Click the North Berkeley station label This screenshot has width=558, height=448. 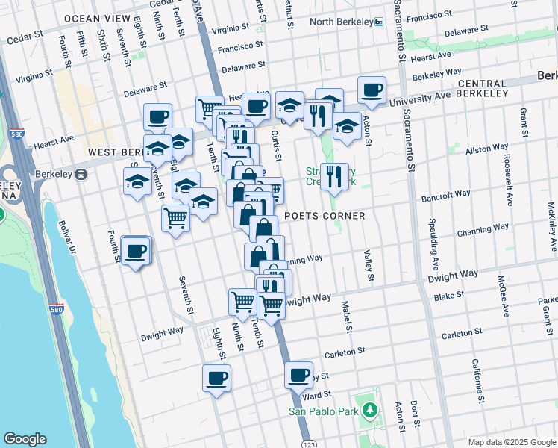pos(341,22)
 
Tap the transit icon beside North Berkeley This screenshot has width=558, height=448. pos(378,22)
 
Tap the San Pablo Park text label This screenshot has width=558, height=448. pos(325,410)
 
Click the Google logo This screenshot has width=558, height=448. pos(25,439)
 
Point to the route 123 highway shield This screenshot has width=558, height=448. pos(308,442)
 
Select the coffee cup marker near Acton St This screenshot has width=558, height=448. pos(372,91)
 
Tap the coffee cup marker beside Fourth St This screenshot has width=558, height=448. pos(136,251)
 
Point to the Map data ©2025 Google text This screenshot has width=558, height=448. pos(511,441)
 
